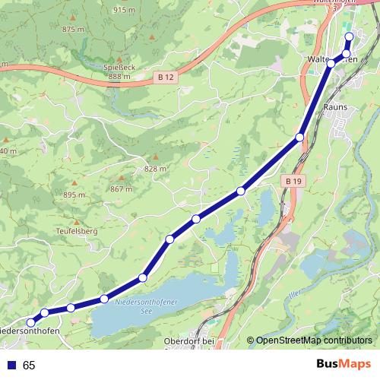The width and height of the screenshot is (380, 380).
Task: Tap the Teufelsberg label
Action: [x=77, y=229]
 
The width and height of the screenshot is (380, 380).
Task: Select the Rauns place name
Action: [x=335, y=107]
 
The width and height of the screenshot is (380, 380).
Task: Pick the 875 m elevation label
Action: [x=74, y=29]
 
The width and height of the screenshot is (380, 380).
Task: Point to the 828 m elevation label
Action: [x=154, y=169]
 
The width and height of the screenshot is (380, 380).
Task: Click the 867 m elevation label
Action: [x=120, y=188]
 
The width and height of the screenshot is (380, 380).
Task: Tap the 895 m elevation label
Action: [x=74, y=195]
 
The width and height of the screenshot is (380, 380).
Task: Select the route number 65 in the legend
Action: [x=29, y=365]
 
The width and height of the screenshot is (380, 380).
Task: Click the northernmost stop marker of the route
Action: [x=350, y=36]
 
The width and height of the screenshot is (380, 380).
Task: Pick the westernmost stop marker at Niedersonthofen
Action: [x=31, y=322]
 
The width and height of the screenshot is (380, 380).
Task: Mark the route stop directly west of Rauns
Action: [x=299, y=137]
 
